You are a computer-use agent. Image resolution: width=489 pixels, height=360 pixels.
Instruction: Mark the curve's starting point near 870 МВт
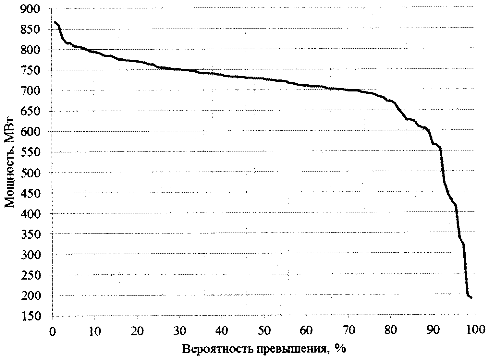(55, 22)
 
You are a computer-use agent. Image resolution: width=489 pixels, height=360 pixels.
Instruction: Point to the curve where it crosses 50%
(263, 78)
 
